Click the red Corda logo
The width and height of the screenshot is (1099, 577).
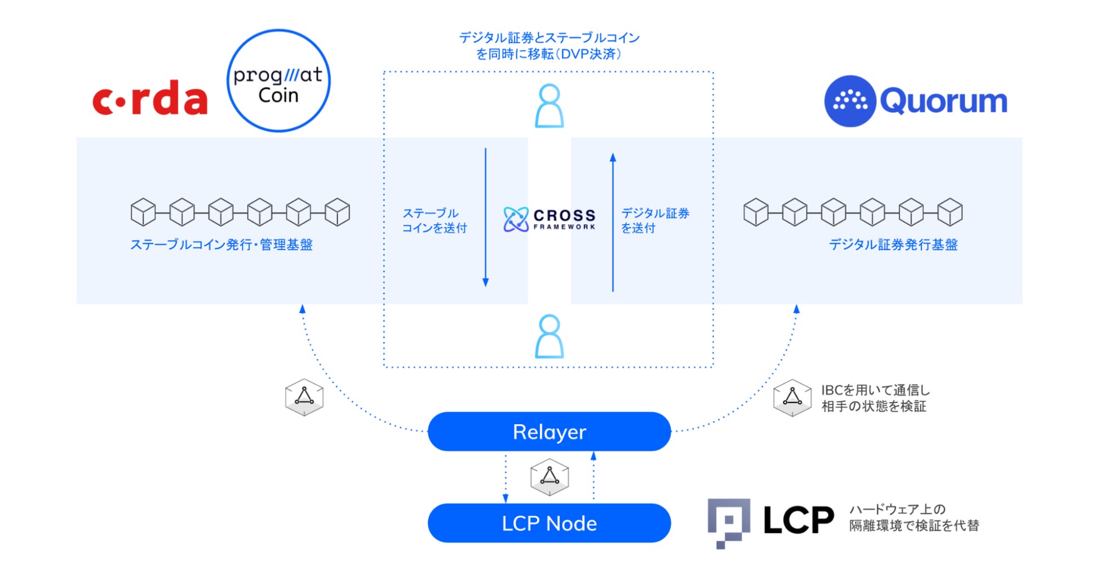pyautogui.click(x=150, y=99)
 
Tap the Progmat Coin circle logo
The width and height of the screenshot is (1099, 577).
pyautogui.click(x=278, y=81)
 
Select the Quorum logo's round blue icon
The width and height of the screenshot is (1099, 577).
pyautogui.click(x=849, y=101)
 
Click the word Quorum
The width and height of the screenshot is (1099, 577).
pyautogui.click(x=943, y=101)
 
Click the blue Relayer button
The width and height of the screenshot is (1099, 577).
pyautogui.click(x=549, y=432)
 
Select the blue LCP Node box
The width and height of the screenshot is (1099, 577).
pyautogui.click(x=549, y=523)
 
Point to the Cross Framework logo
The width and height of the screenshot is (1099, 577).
pyautogui.click(x=549, y=219)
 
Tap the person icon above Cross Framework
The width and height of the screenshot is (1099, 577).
pyautogui.click(x=549, y=106)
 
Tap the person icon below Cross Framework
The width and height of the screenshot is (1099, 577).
pyautogui.click(x=549, y=336)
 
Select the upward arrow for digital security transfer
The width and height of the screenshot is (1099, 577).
pyautogui.click(x=613, y=222)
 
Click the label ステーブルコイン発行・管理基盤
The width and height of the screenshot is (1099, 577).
pyautogui.click(x=221, y=245)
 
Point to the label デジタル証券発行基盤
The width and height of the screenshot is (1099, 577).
pyautogui.click(x=893, y=245)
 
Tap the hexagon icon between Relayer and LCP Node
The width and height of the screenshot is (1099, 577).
pyautogui.click(x=549, y=477)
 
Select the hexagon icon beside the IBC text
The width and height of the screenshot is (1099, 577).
pyautogui.click(x=792, y=398)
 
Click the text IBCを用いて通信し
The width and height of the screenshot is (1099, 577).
pyautogui.click(x=875, y=390)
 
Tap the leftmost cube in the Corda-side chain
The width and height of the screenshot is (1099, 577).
pyautogui.click(x=143, y=212)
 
